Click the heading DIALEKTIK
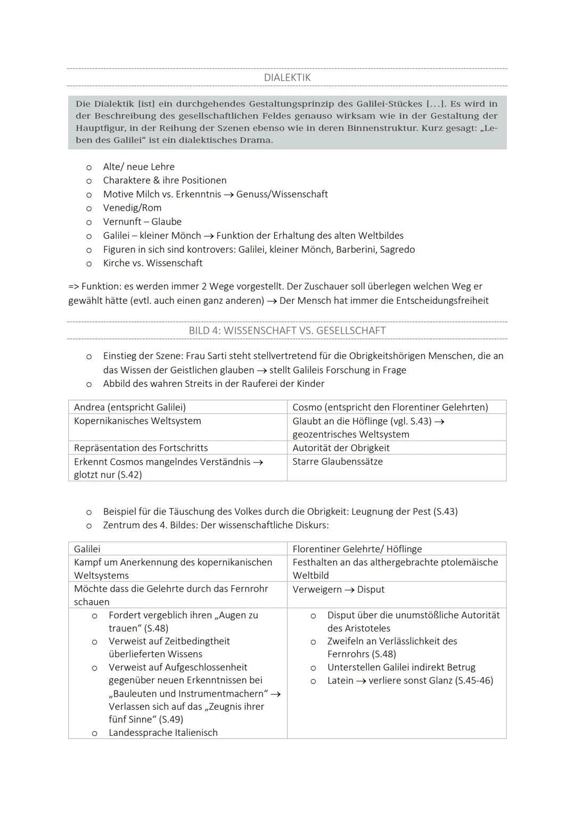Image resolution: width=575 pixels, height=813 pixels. [287, 78]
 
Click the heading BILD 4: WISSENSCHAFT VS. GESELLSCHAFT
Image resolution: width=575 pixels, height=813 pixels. [287, 330]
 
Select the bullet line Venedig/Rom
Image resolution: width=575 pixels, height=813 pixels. [132, 208]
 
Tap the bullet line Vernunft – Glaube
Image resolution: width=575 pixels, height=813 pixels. [142, 222]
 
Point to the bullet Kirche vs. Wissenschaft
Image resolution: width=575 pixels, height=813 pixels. [152, 263]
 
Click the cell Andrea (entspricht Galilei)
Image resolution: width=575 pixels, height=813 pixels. [130, 407]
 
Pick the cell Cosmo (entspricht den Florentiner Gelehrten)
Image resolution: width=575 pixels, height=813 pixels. [390, 407]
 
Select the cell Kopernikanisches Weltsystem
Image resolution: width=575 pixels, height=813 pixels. [137, 421]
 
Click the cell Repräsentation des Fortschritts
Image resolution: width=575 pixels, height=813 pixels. [141, 448]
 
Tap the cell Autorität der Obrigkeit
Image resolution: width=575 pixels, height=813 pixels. [341, 448]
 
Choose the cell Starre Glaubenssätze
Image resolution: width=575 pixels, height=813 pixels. [338, 461]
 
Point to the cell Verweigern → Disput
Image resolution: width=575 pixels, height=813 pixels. [338, 590]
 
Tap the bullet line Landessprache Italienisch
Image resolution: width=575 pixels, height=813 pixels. [163, 733]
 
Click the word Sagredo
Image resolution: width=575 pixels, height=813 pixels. [397, 250]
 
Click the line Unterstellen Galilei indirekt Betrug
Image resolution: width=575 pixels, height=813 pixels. [401, 667]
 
